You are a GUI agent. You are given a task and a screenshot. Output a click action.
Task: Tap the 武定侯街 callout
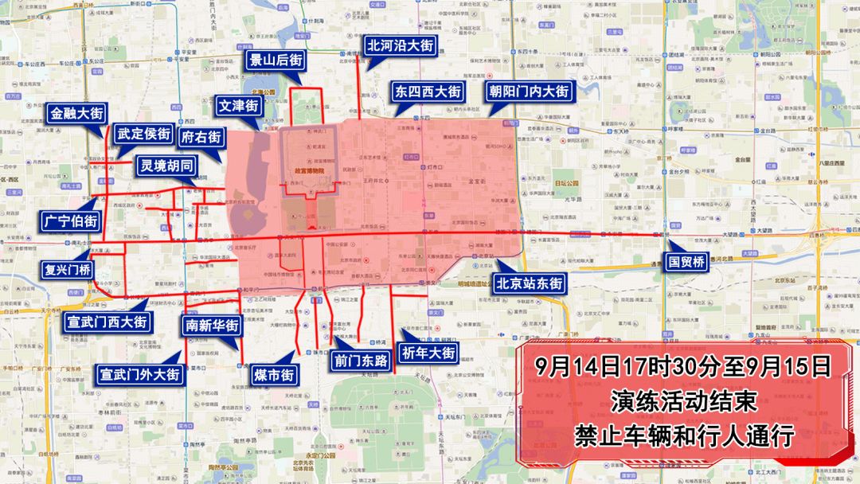143,134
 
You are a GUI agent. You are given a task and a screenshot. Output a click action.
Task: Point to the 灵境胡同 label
166,166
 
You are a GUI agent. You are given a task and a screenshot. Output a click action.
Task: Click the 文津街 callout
238,105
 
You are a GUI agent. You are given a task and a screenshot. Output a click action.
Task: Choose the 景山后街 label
276,60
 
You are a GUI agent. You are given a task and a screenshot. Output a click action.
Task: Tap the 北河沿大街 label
400,46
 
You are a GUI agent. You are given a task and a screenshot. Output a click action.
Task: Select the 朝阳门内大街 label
530,92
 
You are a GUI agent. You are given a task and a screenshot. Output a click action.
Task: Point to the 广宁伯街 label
71,221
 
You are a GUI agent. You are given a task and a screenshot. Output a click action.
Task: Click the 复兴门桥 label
68,269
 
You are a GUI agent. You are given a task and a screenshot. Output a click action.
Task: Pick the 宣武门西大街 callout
107,322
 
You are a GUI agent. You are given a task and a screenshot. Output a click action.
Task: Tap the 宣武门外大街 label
141,373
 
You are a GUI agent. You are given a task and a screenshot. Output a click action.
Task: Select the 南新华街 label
212,326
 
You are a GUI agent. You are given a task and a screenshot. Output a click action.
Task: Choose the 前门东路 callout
362,361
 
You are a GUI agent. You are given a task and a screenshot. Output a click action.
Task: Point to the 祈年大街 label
430,353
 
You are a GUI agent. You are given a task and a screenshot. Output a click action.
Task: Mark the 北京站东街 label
530,283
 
